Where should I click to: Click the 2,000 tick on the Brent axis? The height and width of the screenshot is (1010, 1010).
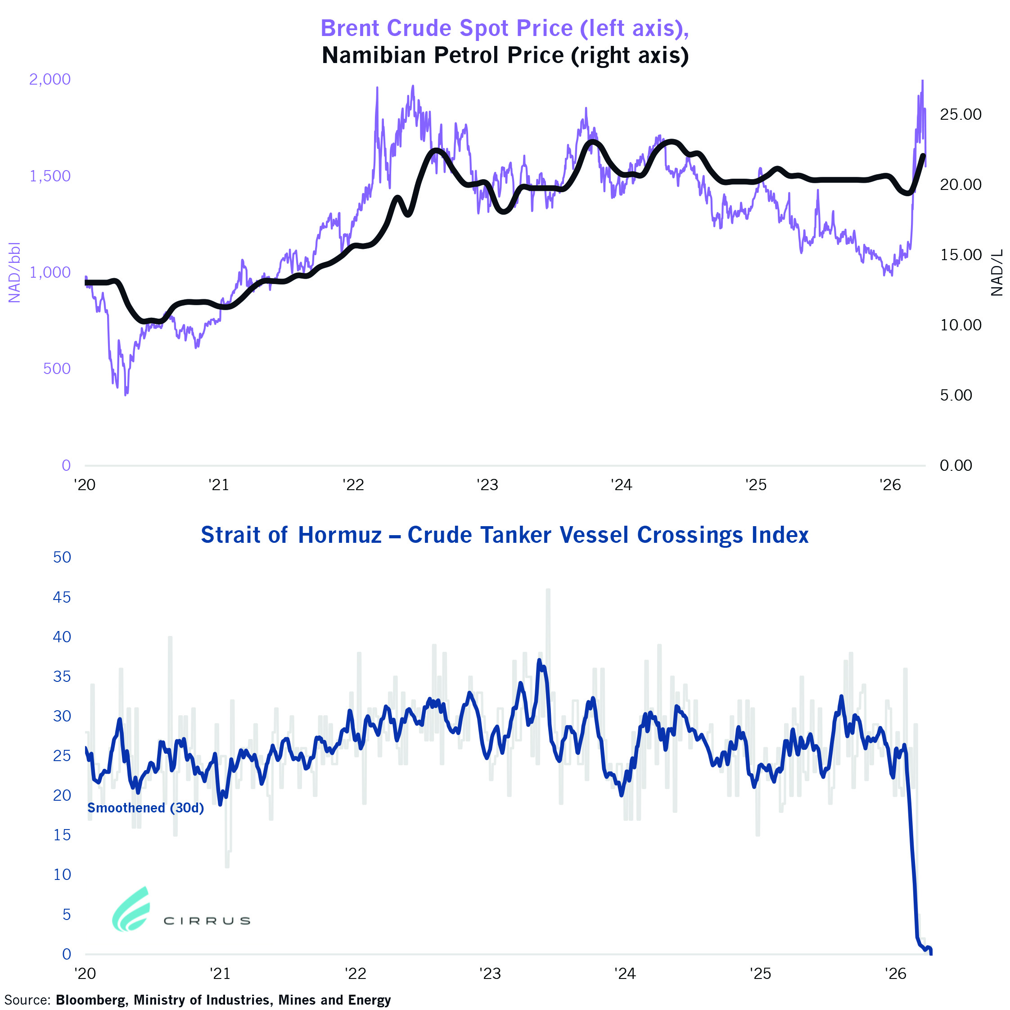pyautogui.click(x=50, y=80)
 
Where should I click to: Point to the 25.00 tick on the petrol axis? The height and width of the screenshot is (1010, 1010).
pyautogui.click(x=960, y=114)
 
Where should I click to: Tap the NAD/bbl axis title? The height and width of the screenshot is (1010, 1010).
pyautogui.click(x=14, y=272)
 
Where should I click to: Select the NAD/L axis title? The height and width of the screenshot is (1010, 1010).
pyautogui.click(x=997, y=272)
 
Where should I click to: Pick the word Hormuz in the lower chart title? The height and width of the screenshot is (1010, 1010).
pyautogui.click(x=340, y=535)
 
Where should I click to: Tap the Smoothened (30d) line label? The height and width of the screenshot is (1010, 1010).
pyautogui.click(x=145, y=808)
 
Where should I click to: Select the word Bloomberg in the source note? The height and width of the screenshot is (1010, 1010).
pyautogui.click(x=91, y=1000)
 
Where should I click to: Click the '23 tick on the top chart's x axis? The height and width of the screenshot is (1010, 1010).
pyautogui.click(x=487, y=485)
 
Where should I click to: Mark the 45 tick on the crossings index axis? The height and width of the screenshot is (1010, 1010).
pyautogui.click(x=62, y=597)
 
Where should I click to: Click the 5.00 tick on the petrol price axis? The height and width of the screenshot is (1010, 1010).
pyautogui.click(x=956, y=395)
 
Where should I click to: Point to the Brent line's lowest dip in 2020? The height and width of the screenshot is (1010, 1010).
pyautogui.click(x=126, y=395)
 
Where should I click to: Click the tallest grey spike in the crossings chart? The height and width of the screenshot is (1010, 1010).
pyautogui.click(x=548, y=590)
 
